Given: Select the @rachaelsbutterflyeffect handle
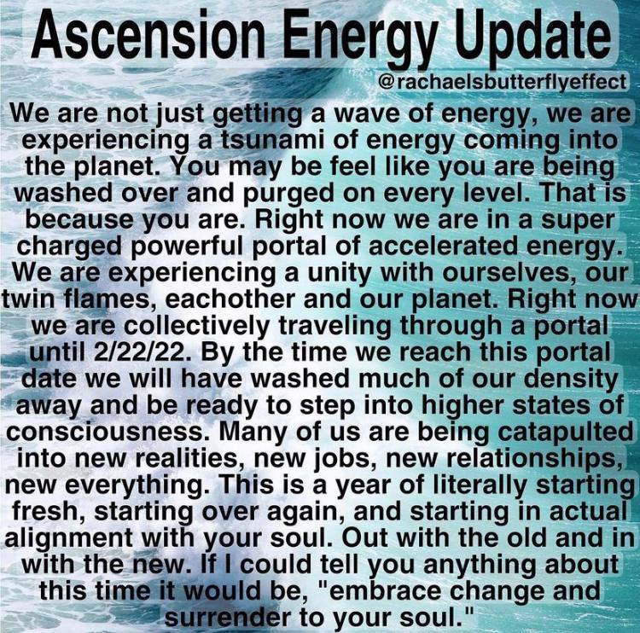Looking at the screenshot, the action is (x=503, y=82).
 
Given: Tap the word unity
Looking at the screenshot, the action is (x=338, y=274).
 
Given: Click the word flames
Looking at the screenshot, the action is (x=104, y=300).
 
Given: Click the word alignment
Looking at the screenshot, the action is (x=68, y=539).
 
